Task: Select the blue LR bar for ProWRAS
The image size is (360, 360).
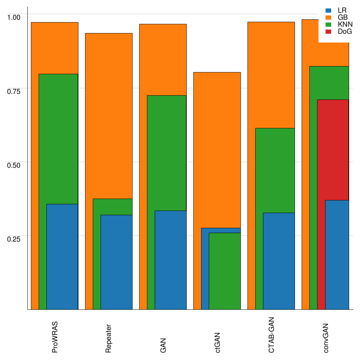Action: point(62,257)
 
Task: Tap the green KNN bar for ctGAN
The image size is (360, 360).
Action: point(225,271)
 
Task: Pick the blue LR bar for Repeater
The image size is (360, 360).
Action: point(116,262)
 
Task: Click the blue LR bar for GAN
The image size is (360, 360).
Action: point(171,260)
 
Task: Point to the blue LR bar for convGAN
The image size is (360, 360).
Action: point(337,255)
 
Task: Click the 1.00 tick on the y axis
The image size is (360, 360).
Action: point(14,17)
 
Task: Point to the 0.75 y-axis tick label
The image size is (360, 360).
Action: point(14,91)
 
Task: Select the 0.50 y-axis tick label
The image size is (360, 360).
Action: point(14,165)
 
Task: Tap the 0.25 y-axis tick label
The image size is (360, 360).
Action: point(14,239)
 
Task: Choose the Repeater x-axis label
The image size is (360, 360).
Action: point(109,338)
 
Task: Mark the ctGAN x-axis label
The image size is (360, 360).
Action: point(218,342)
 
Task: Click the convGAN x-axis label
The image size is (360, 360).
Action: point(326,338)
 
